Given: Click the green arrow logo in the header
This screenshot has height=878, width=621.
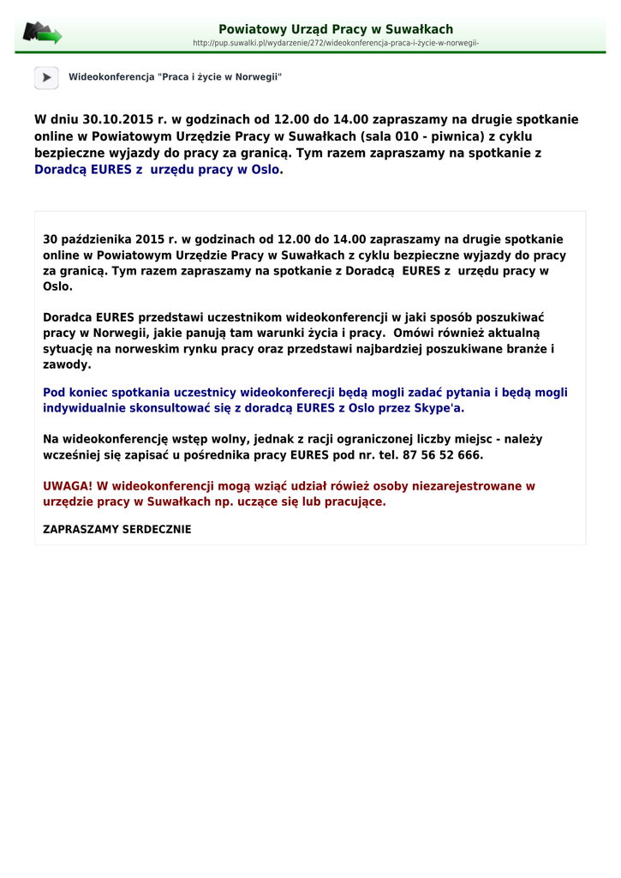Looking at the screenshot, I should click(43, 33).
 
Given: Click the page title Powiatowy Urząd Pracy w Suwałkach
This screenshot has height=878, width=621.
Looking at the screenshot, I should click(336, 29).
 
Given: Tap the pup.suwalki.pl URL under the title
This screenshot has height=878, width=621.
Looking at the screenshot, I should click(336, 43).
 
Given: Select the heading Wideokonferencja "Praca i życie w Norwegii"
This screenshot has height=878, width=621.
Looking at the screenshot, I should click(176, 77).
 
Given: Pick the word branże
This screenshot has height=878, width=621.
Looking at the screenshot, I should click(527, 349).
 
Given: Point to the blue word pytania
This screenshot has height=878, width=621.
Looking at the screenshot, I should click(466, 393).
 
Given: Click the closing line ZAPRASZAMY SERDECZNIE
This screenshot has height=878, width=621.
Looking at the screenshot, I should click(117, 529).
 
